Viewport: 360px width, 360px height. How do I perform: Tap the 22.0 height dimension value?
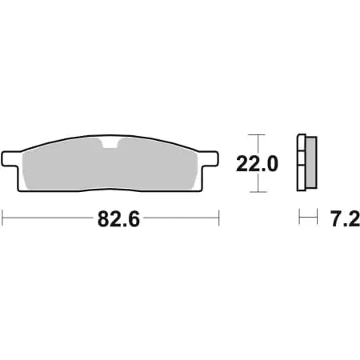(256, 165)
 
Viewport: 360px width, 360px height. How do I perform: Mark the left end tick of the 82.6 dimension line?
(3, 217)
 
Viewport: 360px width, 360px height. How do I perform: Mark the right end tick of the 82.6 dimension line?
(218, 217)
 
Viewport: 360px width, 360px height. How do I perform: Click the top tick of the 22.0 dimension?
(255, 134)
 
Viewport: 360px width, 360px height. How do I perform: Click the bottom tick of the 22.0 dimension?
(255, 193)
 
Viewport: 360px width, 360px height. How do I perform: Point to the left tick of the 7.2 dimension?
(298, 217)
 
